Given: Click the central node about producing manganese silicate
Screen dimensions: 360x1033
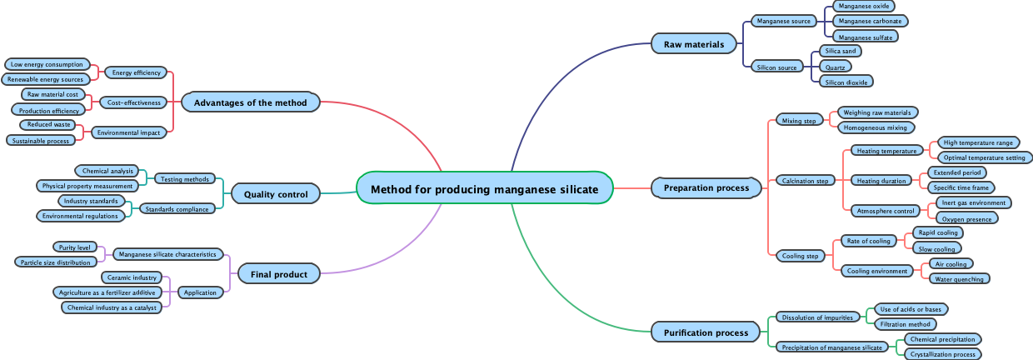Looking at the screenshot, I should click(484, 188).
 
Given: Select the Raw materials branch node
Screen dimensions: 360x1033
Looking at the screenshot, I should click(694, 44).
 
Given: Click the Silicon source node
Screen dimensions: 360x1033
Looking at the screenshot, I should click(776, 67).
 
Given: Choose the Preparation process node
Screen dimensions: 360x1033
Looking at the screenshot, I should click(706, 188).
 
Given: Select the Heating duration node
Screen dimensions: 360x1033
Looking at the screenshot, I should click(881, 181).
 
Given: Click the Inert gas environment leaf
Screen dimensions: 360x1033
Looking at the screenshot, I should click(973, 202).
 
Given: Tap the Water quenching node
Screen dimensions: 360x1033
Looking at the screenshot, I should click(959, 279).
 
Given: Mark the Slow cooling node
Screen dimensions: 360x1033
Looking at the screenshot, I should click(936, 248).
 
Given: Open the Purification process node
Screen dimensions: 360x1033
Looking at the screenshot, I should click(706, 332).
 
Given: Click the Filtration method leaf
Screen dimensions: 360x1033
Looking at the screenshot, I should click(905, 324).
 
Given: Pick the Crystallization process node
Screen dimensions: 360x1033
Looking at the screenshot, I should click(942, 354).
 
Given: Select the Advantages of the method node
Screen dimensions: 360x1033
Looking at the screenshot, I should click(251, 102).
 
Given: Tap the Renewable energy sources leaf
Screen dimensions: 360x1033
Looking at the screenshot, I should click(45, 79).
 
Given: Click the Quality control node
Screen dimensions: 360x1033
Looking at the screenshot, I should click(276, 194).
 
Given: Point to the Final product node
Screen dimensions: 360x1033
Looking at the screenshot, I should click(279, 273).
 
